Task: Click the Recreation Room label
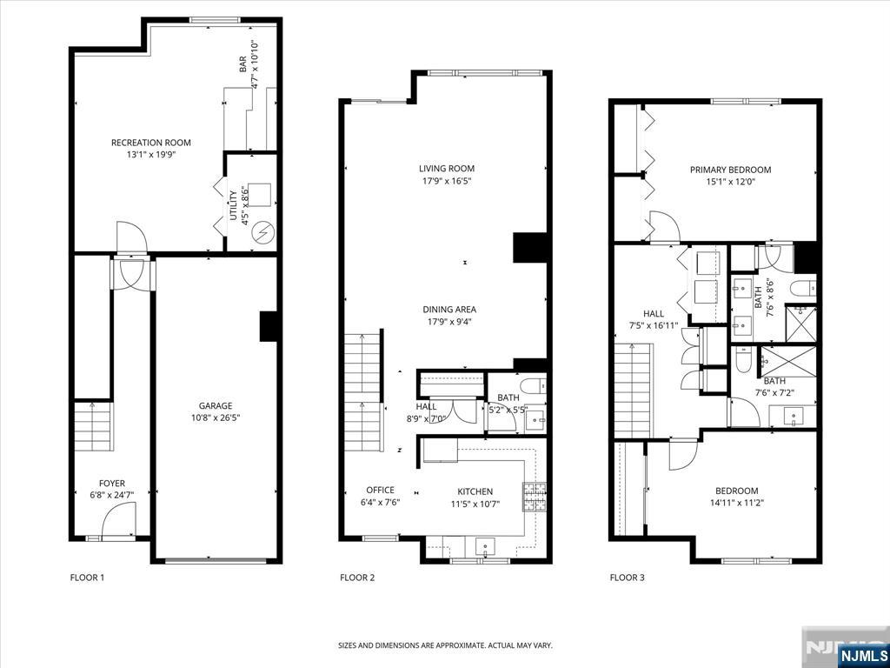pos(150,143)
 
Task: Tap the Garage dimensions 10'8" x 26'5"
pos(215,417)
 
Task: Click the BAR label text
pos(243,66)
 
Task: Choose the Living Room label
pos(447,169)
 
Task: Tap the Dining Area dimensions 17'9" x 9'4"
pos(449,321)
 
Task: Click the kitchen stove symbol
pos(533,496)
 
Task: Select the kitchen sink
pos(484,546)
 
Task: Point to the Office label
pos(380,491)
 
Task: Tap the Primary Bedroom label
pos(730,170)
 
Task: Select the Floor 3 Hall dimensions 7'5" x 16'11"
pos(654,326)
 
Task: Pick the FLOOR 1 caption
pos(87,577)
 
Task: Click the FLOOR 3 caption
pos(628,577)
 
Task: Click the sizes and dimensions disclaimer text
pos(445,645)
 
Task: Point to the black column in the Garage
pos(268,326)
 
